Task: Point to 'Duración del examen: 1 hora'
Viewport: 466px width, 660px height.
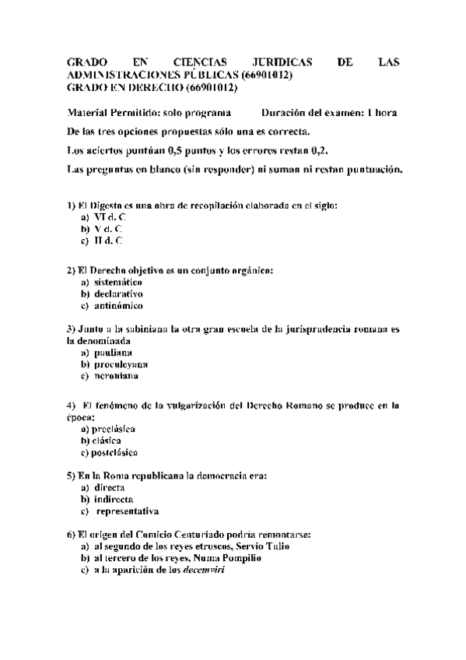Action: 330,113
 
